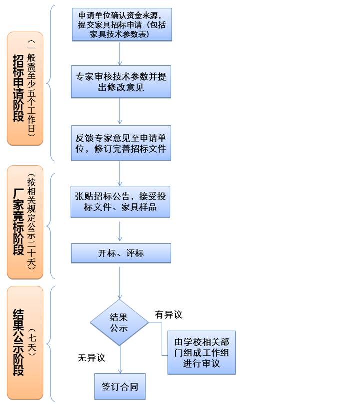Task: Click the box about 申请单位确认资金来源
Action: click(x=122, y=24)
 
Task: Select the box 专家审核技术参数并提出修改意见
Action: click(x=121, y=82)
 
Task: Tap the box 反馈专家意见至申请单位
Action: click(x=121, y=143)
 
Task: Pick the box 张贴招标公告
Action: click(x=120, y=202)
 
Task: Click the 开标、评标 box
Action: click(x=121, y=253)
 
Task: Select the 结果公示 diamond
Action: click(x=119, y=322)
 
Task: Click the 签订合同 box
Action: click(x=120, y=387)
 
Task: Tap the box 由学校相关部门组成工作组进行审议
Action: click(x=201, y=353)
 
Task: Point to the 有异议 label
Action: click(x=169, y=314)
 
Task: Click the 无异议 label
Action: click(x=92, y=357)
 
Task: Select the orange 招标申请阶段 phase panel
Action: click(x=25, y=89)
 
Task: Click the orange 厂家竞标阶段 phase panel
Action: click(x=25, y=222)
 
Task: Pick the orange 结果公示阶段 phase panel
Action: click(x=25, y=343)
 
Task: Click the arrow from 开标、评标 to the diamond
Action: click(x=120, y=283)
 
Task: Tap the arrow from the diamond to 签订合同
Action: click(x=120, y=359)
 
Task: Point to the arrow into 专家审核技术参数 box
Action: click(x=120, y=54)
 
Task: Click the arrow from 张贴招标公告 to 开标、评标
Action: click(x=120, y=231)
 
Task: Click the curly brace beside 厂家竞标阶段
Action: click(x=50, y=226)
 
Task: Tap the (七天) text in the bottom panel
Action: click(x=32, y=342)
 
